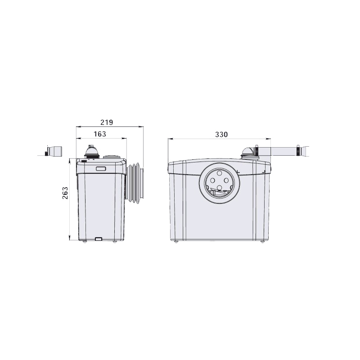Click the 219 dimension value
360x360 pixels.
tap(107, 122)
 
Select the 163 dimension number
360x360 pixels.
tap(100, 134)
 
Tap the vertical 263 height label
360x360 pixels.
tap(65, 193)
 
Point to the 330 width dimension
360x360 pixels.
tap(221, 134)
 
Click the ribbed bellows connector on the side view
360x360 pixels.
tap(135, 183)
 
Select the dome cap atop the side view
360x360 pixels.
tap(92, 152)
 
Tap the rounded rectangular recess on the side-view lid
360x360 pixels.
tap(101, 169)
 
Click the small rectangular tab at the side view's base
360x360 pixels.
tap(99, 239)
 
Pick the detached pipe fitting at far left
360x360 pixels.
tap(54, 151)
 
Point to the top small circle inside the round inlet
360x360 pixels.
tap(219, 173)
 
